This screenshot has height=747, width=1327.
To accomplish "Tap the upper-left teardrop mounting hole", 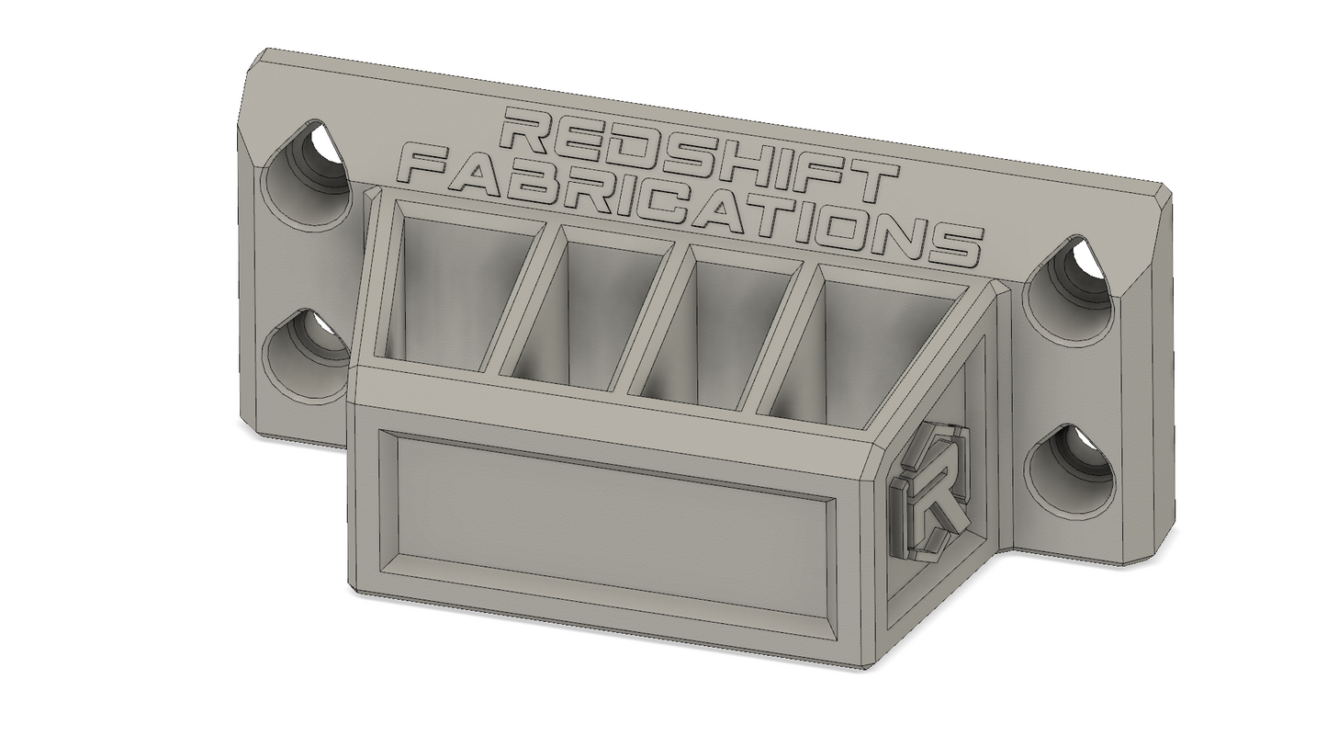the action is point(308,178).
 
